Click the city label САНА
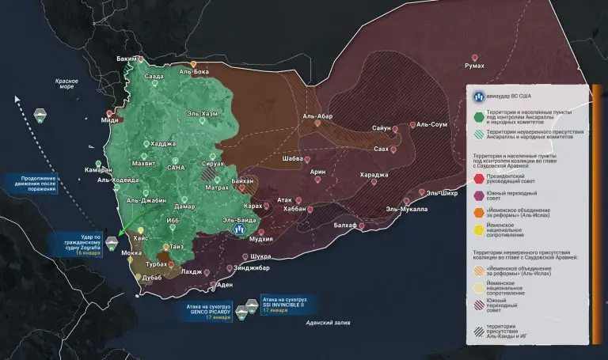point(176,168)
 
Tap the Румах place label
point(474,66)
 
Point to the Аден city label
point(225,285)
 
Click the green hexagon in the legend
point(479,118)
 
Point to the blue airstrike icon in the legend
point(479,97)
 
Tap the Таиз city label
point(177,246)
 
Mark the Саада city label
point(154,77)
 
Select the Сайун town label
point(382,127)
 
